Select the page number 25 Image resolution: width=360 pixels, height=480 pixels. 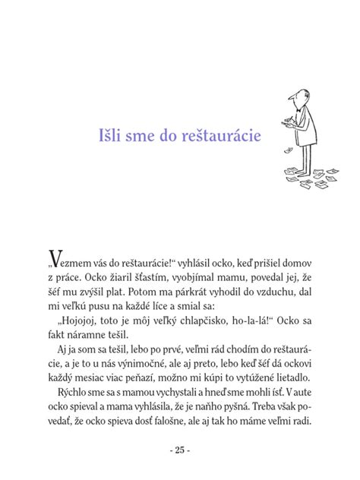pyautogui.click(x=180, y=450)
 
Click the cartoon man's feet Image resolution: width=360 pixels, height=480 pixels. pyautogui.click(x=304, y=182)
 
